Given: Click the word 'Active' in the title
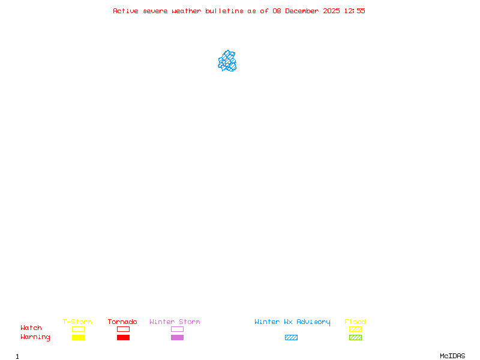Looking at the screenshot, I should point(125,11).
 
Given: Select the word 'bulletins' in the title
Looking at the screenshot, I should point(224,11).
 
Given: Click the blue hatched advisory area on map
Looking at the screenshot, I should point(227,61).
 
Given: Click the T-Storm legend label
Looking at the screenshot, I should point(77,322).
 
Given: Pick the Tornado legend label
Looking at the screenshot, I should point(122,322).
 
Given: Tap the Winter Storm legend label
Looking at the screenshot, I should point(175,322).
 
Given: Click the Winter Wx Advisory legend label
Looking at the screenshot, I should point(292,322).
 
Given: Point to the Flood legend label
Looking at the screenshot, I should point(355,322).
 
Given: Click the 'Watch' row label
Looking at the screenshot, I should point(31,328).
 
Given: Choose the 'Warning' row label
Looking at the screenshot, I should point(35,337).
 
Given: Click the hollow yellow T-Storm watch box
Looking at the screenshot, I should point(78,329).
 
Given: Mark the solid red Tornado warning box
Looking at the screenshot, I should point(123,337).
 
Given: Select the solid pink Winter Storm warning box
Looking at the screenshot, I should point(177,337).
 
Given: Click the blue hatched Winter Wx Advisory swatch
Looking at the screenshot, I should point(291,337).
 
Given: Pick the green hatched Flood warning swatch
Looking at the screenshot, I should point(355,337).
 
